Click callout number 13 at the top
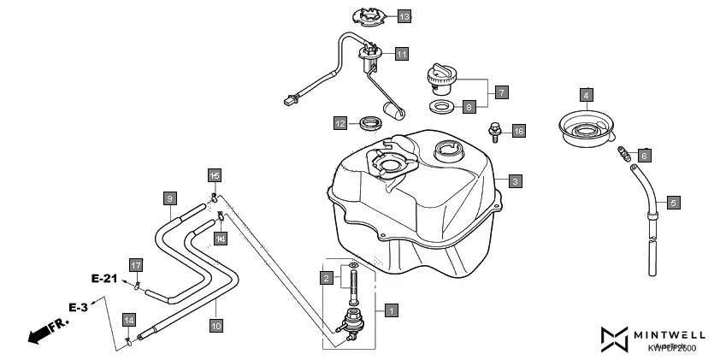coord(404,16)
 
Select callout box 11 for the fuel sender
coord(402,54)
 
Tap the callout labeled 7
coord(501,91)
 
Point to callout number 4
coord(586,95)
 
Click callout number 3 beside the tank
coord(515,181)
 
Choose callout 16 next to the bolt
coord(518,131)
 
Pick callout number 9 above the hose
coord(169,198)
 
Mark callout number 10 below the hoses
coord(215,325)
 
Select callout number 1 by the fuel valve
coord(390,310)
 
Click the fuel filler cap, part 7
coord(443,80)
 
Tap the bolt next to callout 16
coord(494,132)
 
